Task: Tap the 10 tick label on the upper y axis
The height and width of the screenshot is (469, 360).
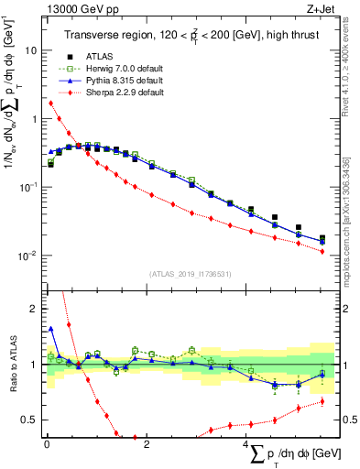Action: pos(31,51)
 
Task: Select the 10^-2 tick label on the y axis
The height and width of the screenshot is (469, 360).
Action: pos(27,255)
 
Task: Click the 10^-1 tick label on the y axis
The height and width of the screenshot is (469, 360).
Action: pos(27,187)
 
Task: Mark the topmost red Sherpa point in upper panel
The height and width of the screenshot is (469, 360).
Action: pos(50,103)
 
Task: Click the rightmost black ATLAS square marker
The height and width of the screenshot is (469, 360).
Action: pos(322,238)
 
